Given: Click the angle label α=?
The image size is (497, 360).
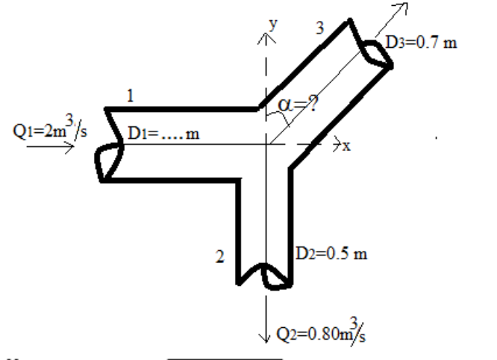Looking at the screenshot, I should click(297, 107).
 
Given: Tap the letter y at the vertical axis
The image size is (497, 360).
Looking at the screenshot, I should click(273, 23).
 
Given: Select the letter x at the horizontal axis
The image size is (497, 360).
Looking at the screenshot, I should click(347, 146).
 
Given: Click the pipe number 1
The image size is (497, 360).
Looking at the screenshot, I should click(131, 96).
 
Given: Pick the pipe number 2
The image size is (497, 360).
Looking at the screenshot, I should click(219, 258).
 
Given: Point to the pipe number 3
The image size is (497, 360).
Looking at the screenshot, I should click(319, 28).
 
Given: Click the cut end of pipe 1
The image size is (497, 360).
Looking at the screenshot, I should click(104, 146).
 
